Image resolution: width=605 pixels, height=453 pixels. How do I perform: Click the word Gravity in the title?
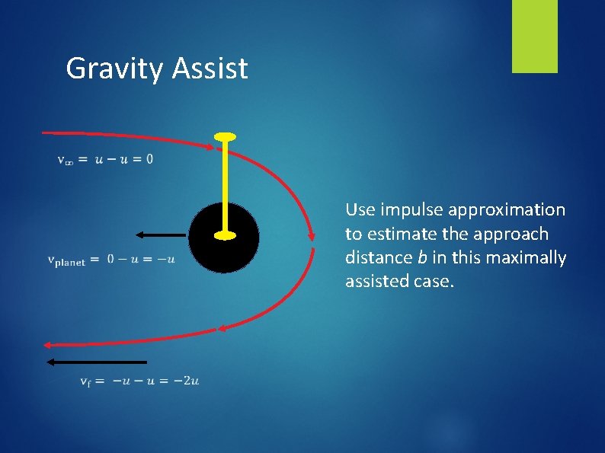[x=114, y=69]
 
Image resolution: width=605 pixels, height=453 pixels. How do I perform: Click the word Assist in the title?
[x=210, y=69]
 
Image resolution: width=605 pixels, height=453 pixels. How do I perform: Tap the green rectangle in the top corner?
[x=534, y=37]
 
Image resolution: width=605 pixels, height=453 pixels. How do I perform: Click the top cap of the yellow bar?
[x=224, y=137]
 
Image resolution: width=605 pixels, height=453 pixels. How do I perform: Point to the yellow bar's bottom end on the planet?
[x=224, y=235]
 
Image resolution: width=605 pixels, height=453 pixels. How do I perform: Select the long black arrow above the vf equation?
[x=96, y=362]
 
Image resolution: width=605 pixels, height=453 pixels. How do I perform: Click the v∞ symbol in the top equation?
[x=66, y=160]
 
